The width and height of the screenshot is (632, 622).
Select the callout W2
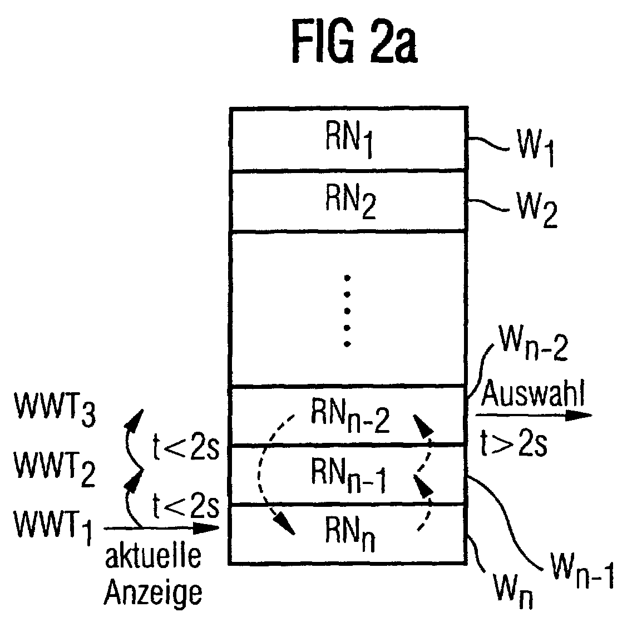(531, 209)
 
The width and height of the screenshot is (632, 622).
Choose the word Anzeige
(153, 593)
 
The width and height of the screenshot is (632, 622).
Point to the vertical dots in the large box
(347, 310)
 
